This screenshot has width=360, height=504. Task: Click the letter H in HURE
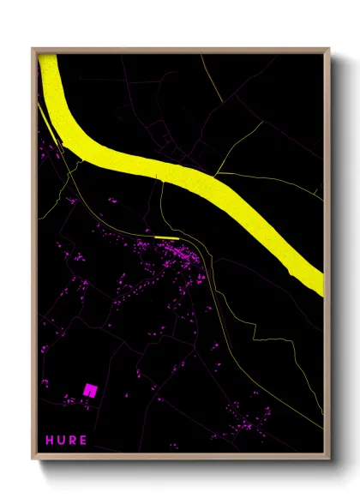coord(50,440)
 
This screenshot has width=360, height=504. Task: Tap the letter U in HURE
coord(62,440)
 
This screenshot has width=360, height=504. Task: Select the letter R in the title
coord(73,440)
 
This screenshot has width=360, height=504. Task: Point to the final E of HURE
coord(83,440)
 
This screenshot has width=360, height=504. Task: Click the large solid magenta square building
coord(89,389)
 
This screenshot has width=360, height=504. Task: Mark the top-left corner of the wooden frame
coord(33,49)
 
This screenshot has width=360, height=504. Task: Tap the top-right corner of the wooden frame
coord(329,49)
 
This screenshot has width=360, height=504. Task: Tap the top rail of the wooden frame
coord(180,50)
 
